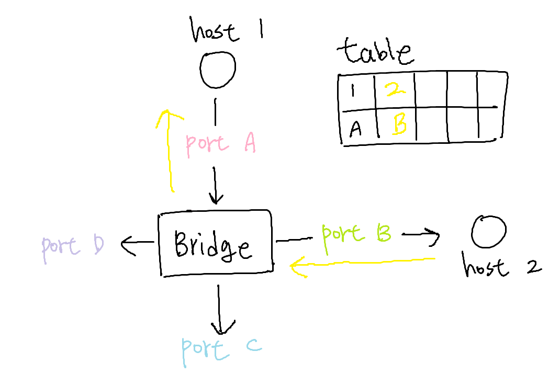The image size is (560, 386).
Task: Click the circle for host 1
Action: click(218, 70)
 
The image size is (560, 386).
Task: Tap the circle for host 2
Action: click(488, 232)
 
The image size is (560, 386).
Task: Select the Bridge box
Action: click(215, 243)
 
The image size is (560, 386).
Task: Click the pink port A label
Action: click(220, 143)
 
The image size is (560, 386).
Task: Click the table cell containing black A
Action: click(357, 126)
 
